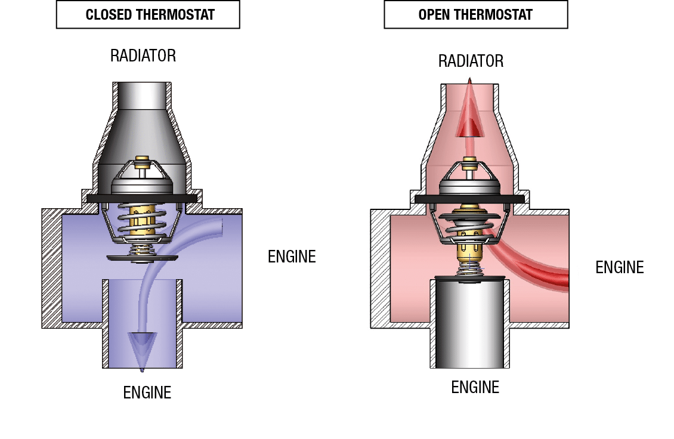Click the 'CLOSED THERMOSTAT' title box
(148, 15)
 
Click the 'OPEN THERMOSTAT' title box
(476, 15)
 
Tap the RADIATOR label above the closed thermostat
(143, 55)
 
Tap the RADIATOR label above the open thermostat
(471, 61)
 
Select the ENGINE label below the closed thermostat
(147, 392)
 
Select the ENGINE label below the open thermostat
(475, 387)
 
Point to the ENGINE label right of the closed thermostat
(292, 256)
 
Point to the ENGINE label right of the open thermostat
(619, 267)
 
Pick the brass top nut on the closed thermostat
(142, 162)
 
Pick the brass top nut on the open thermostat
(469, 163)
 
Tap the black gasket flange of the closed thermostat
(142, 198)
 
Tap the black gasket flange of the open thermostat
(469, 199)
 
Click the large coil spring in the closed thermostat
(142, 219)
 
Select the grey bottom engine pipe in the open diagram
(469, 323)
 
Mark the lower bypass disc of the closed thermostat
(142, 258)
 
